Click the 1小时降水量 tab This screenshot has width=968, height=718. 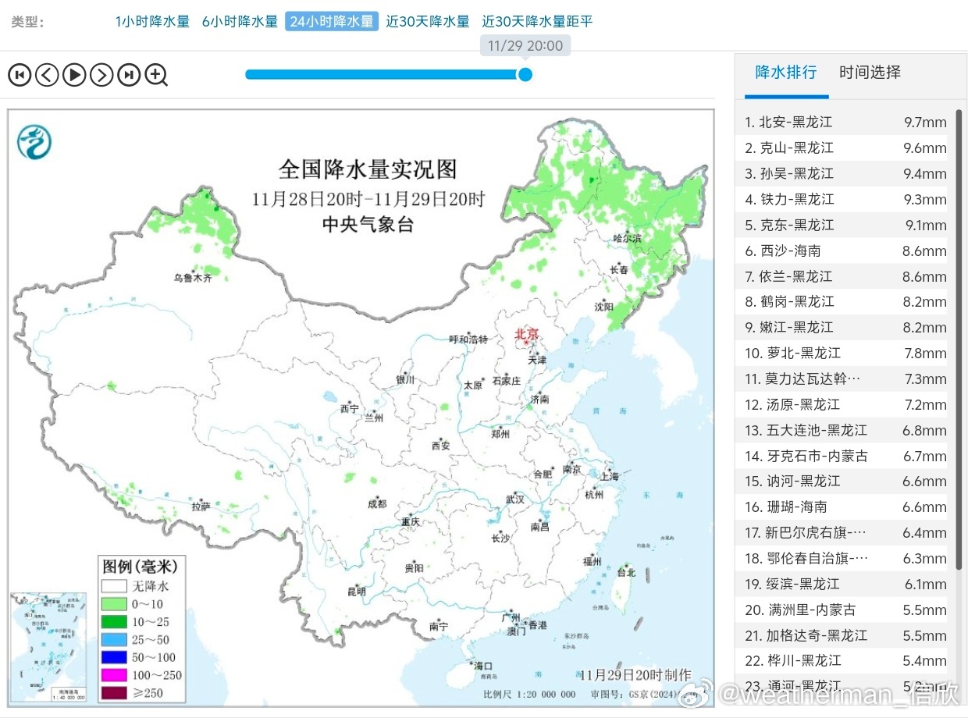click(152, 22)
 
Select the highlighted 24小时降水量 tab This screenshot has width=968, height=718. click(332, 22)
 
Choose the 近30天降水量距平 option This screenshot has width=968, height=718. click(537, 22)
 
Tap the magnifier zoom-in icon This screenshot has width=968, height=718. click(156, 75)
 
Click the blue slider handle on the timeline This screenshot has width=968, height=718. click(525, 74)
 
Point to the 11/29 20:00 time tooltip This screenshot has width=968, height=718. click(525, 46)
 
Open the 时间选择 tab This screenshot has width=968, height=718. click(870, 73)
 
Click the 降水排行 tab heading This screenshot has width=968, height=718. click(785, 73)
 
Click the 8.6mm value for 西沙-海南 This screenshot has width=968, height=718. click(924, 251)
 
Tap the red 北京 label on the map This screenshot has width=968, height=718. click(526, 333)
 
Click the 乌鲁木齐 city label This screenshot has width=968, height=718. click(192, 277)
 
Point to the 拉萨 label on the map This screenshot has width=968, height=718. click(201, 507)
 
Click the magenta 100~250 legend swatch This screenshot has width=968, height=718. click(113, 675)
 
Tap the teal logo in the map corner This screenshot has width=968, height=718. click(34, 142)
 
